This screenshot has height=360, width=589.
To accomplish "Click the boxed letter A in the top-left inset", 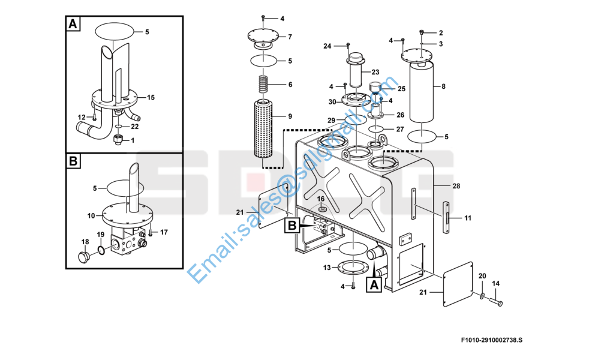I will pyautogui.click(x=73, y=25).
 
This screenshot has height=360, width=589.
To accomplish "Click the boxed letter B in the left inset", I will pyautogui.click(x=73, y=161).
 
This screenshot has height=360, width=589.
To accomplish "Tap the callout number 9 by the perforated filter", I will pyautogui.click(x=290, y=116).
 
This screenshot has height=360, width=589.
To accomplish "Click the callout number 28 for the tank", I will pyautogui.click(x=456, y=186).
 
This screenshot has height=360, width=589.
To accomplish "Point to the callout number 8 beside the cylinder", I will pyautogui.click(x=443, y=87).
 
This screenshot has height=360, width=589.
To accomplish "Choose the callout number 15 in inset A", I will pyautogui.click(x=151, y=97).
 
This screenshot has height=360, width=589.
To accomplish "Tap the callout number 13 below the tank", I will pyautogui.click(x=327, y=268).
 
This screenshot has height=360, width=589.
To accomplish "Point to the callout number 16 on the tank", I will pyautogui.click(x=321, y=199).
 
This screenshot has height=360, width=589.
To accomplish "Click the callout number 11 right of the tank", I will pyautogui.click(x=468, y=218).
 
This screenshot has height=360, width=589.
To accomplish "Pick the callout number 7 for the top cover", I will pyautogui.click(x=290, y=37).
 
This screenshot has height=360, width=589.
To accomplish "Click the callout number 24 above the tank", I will pyautogui.click(x=327, y=46).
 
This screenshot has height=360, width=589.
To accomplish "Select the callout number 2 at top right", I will pyautogui.click(x=441, y=32).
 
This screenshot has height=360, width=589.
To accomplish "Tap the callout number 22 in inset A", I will pyautogui.click(x=135, y=127).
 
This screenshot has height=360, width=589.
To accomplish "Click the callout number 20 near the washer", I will pyautogui.click(x=482, y=275).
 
